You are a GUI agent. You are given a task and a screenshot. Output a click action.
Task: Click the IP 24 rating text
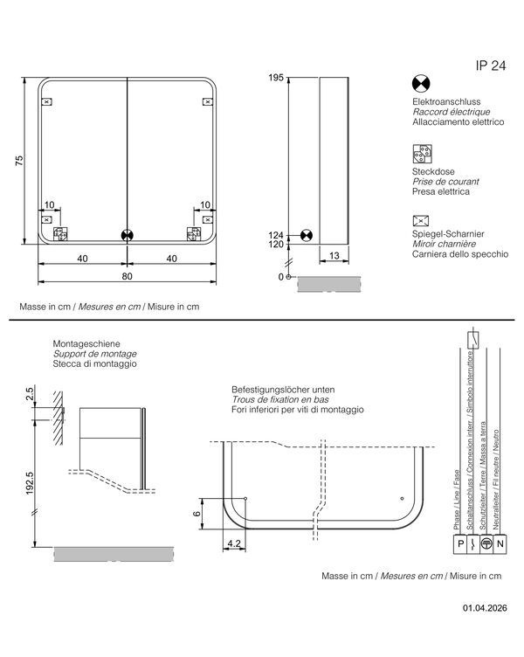(x=491, y=66)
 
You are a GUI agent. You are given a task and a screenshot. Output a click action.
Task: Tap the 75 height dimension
(x=20, y=161)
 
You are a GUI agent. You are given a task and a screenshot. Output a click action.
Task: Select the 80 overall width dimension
(x=127, y=276)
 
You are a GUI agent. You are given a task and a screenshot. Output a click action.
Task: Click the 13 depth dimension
(x=334, y=256)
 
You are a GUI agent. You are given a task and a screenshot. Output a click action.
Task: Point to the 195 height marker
(x=276, y=78)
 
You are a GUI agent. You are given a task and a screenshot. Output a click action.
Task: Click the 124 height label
(x=276, y=236)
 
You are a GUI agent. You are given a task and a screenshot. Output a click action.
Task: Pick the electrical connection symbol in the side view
(x=307, y=236)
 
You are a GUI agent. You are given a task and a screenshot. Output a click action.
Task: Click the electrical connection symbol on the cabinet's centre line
(x=127, y=236)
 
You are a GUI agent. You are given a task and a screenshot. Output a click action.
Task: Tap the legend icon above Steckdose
(x=422, y=154)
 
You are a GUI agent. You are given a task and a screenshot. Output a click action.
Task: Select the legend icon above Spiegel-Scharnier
(x=421, y=220)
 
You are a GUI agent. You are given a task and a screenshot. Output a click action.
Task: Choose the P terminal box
(x=460, y=544)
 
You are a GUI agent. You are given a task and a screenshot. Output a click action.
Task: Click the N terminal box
(x=500, y=544)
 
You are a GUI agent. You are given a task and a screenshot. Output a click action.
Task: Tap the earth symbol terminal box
(x=486, y=544)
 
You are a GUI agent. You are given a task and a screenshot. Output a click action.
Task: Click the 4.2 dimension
(x=234, y=543)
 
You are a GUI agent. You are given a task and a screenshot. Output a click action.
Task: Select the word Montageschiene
(x=86, y=344)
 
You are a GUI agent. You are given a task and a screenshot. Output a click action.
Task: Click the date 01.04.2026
(x=485, y=608)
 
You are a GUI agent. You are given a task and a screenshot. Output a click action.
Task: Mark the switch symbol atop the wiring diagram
(x=473, y=340)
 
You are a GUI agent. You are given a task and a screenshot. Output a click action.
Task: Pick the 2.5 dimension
(x=30, y=393)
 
